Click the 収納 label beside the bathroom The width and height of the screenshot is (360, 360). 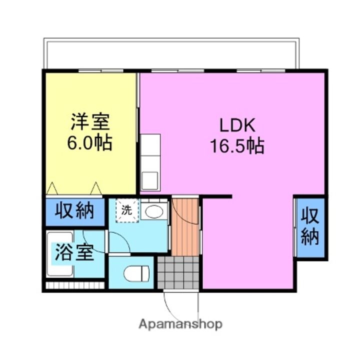(x=74, y=211)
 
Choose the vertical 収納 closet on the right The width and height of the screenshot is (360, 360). (x=310, y=227)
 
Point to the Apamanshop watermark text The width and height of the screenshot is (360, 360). (x=180, y=324)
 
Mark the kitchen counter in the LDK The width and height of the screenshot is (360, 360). (x=150, y=155)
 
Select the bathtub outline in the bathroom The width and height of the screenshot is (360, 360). (x=59, y=254)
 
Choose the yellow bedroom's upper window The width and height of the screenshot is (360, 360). (x=100, y=71)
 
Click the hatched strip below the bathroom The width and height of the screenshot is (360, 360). (x=74, y=286)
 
